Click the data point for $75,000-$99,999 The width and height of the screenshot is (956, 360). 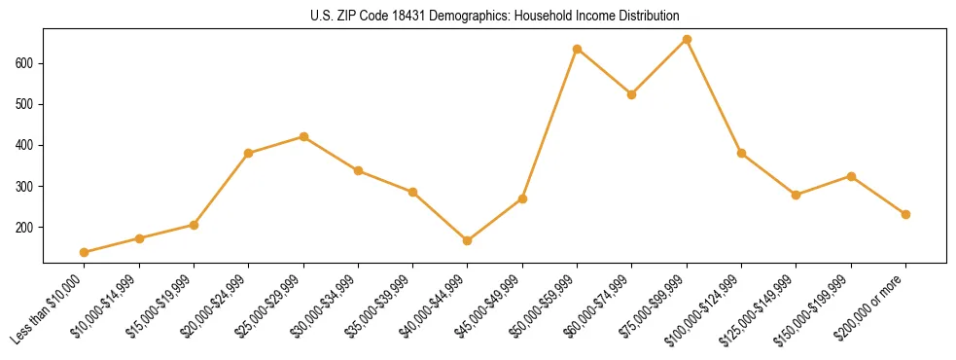tap(687, 40)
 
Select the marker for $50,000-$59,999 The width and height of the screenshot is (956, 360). tap(578, 49)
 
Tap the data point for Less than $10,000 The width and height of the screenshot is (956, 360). tap(85, 252)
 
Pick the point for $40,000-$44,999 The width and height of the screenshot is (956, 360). tap(468, 240)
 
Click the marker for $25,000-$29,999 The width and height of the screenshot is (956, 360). tap(303, 136)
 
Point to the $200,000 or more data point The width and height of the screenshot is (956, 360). tap(905, 214)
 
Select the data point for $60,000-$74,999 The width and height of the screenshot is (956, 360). tap(632, 94)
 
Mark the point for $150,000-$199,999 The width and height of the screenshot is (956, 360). tap(851, 176)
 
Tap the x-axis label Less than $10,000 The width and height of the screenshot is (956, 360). tap(50, 308)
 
